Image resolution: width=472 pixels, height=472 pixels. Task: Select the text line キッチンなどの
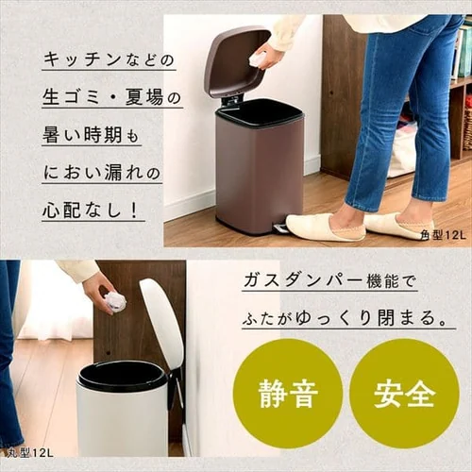coord(109,59)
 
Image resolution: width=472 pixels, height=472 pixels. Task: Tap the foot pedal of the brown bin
coord(280,228)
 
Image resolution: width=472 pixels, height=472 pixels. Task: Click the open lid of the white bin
coord(163,322)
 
